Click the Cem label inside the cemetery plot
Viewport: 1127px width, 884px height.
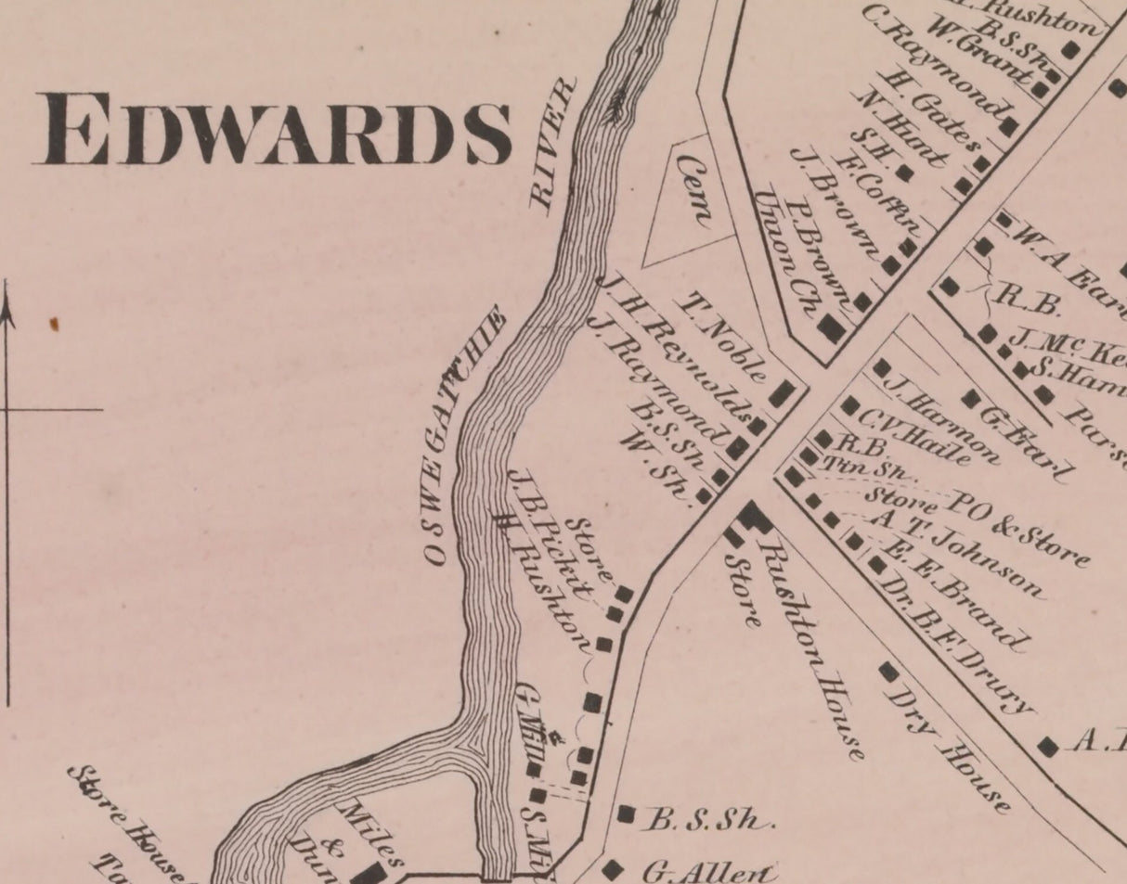coord(694,191)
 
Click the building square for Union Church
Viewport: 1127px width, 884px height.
coord(831,328)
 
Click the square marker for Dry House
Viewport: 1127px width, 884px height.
coord(888,670)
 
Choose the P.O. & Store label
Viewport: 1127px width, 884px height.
coord(1017,528)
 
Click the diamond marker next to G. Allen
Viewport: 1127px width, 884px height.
coord(612,870)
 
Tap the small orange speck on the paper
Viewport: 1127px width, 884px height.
coord(54,324)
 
